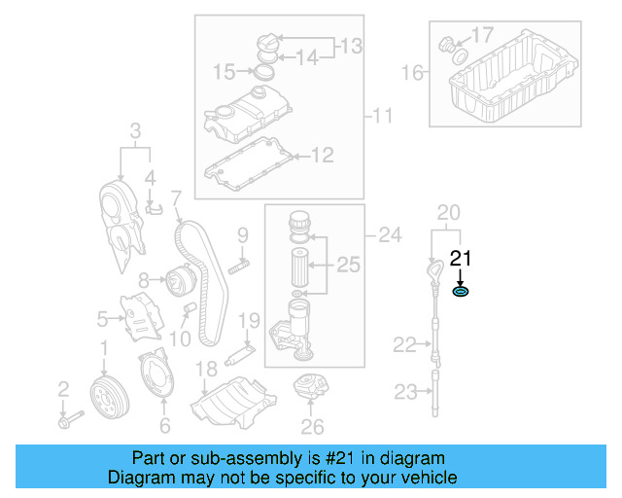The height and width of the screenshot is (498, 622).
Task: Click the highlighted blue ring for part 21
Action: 462,291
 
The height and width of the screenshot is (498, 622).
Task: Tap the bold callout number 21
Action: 461,258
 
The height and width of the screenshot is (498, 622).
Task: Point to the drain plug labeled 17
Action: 450,44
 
